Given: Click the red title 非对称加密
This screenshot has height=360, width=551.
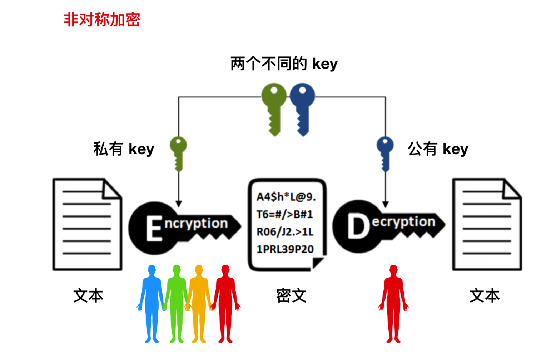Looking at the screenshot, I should tap(102, 20).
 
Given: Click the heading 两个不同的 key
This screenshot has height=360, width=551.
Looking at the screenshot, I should tap(284, 64).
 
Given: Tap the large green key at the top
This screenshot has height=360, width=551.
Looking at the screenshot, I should tap(274, 107).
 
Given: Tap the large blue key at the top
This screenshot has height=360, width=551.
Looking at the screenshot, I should tap(302, 107).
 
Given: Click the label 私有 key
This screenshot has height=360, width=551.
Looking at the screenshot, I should tap(124, 149).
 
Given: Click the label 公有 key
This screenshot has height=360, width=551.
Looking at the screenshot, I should tap(438, 149).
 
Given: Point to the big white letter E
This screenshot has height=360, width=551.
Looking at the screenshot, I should tap(154, 229).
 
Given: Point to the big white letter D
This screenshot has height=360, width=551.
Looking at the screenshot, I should tap(358, 226).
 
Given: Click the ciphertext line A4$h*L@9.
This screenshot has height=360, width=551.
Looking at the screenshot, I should tap(286, 197).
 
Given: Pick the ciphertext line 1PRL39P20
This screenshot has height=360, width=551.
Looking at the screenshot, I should tap(285, 249).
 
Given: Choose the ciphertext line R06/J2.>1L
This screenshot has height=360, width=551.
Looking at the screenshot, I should tap(285, 232).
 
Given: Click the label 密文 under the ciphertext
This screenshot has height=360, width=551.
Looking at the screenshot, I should tap(291, 296).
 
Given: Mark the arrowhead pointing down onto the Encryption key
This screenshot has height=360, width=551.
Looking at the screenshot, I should tap(179, 204).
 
